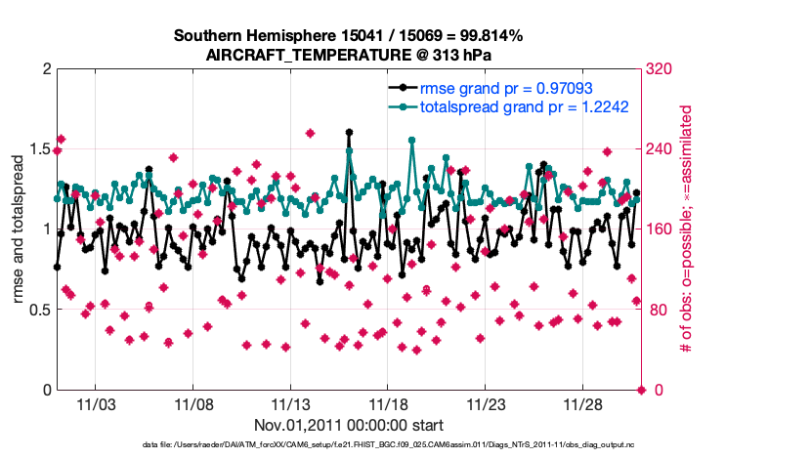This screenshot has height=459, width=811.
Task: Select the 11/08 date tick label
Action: coord(193,403)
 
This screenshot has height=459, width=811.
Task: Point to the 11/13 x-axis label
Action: coord(290,403)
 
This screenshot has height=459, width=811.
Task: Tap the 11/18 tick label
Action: coord(388,403)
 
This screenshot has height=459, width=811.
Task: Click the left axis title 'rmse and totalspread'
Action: coord(19,229)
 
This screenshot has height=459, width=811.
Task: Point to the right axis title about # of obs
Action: coord(686,229)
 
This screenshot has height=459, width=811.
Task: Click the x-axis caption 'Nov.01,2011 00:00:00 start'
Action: coord(349,425)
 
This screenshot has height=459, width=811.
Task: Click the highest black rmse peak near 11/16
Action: coord(349,132)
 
